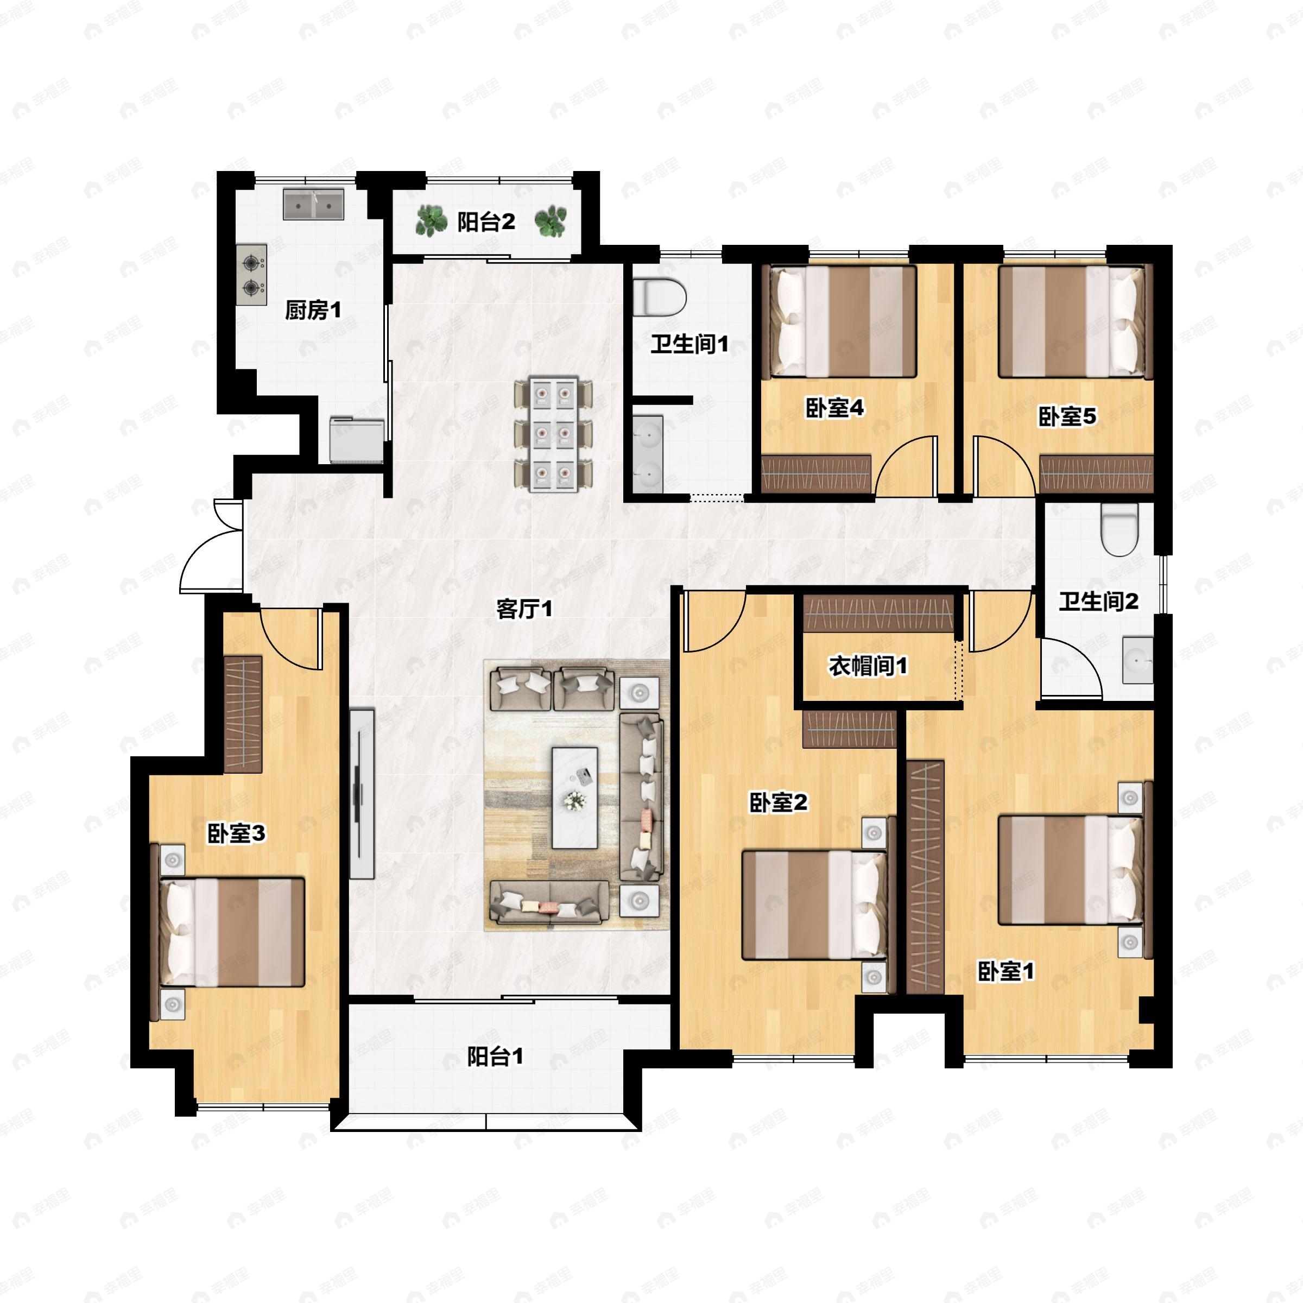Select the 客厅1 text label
(524, 609)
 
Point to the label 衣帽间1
(868, 666)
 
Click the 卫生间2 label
(1099, 601)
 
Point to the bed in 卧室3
(229, 932)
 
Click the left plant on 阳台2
(431, 221)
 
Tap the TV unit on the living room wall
(362, 793)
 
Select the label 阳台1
(495, 1057)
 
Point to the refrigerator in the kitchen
(357, 440)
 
